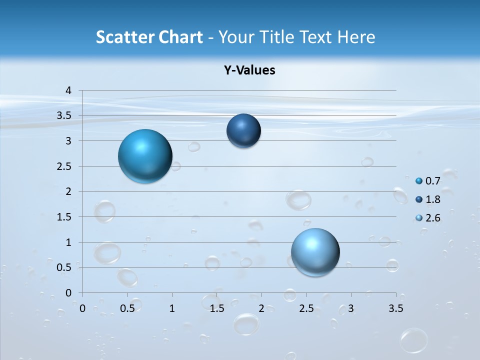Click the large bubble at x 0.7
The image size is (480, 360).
tap(145, 156)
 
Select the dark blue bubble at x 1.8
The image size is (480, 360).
tap(243, 130)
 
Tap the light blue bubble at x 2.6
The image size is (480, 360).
tap(315, 252)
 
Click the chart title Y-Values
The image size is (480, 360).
tap(249, 70)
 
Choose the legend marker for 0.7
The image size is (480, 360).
tap(419, 180)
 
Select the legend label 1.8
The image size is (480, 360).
tap(432, 199)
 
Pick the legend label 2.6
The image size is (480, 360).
tap(432, 218)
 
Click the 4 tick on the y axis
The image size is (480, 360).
tap(69, 90)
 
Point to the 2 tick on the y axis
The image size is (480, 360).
tap(69, 191)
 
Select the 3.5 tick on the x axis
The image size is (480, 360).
tap(395, 308)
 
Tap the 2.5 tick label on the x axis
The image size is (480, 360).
tap(306, 308)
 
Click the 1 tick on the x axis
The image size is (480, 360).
tap(172, 308)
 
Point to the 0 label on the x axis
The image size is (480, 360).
tap(82, 308)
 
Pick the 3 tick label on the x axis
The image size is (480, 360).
tap(351, 308)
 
